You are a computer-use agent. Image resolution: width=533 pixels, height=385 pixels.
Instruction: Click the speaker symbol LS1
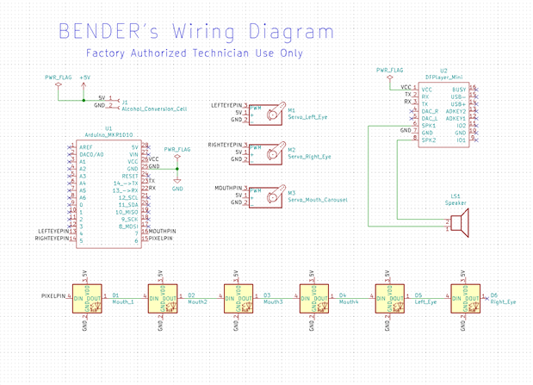click(461, 222)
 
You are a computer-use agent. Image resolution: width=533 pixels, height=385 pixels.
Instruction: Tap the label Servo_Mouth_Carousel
click(318, 200)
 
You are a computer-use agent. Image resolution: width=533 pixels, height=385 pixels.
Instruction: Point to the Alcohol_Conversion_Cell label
click(156, 109)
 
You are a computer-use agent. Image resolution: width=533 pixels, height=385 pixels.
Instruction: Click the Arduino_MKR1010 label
click(108, 134)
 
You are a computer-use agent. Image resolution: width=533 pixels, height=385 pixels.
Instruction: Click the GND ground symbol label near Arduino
click(177, 189)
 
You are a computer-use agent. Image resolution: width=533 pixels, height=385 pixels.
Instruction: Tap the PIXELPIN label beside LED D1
click(54, 295)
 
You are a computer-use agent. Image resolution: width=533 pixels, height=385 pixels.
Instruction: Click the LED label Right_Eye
click(503, 302)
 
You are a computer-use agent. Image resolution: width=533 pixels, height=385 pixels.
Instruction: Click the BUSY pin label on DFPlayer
click(460, 89)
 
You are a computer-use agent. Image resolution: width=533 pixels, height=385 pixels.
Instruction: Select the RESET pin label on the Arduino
click(131, 176)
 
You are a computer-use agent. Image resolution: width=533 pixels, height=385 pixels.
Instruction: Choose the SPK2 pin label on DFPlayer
click(428, 140)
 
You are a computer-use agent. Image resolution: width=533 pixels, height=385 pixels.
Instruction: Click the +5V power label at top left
click(84, 78)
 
